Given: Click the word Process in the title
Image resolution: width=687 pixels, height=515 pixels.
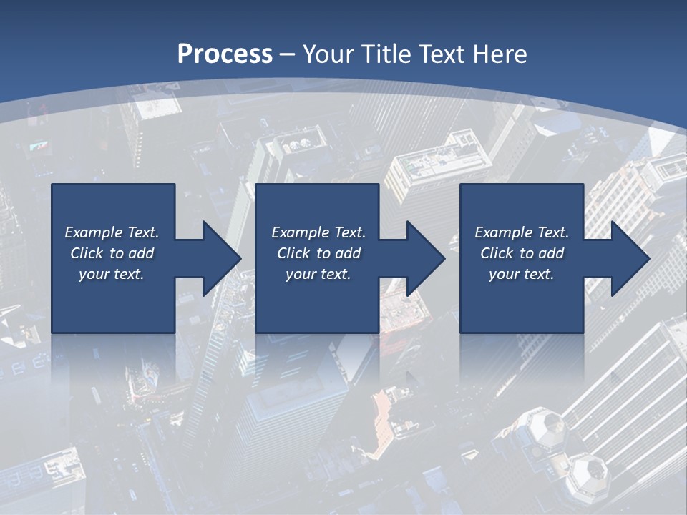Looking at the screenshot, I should click(x=225, y=54).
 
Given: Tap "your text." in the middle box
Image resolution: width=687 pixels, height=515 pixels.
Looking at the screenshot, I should click(x=318, y=274).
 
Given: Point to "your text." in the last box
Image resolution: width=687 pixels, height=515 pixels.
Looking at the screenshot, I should click(x=521, y=274).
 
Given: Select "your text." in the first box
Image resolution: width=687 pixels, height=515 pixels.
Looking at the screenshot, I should click(x=112, y=274).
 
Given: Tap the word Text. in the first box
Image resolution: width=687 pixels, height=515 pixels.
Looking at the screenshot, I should click(x=143, y=232).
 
